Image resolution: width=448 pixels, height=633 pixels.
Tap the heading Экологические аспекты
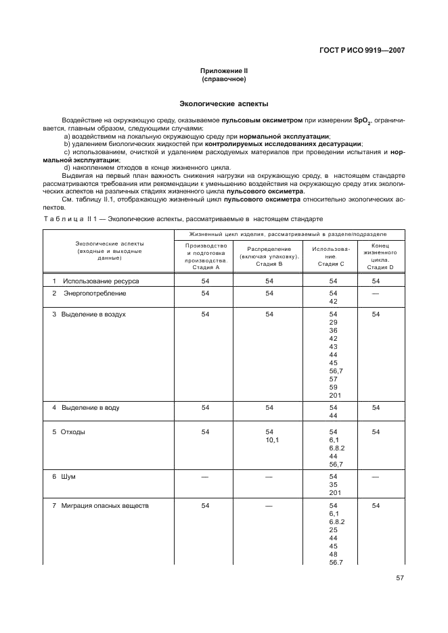coord(223,104)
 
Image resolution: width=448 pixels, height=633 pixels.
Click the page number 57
coord(399,578)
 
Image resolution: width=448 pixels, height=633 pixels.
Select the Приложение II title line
coord(223,71)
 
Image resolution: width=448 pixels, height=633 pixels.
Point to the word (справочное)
coord(223,79)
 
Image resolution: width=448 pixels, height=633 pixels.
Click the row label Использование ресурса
coord(100,280)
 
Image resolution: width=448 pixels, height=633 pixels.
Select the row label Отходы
coord(73,431)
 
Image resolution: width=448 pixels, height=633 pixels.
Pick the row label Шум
coord(68,477)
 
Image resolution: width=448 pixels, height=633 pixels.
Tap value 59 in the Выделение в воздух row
coord(333,388)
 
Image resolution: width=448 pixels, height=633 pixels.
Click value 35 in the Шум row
coord(333,485)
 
